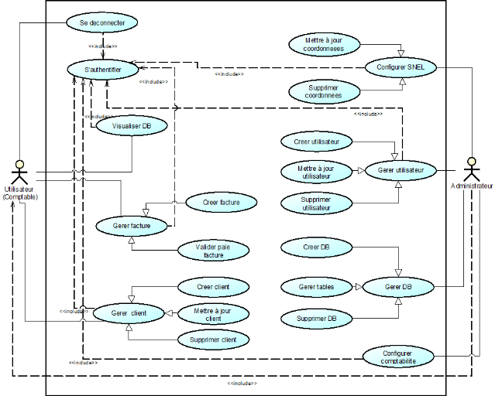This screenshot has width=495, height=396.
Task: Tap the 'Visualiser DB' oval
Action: click(132, 125)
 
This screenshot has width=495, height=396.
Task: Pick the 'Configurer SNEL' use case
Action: click(400, 67)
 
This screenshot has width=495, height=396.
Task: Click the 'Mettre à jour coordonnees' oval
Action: click(325, 44)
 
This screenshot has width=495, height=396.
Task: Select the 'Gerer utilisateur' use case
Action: click(400, 170)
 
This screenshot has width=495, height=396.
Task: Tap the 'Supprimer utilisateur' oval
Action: click(315, 203)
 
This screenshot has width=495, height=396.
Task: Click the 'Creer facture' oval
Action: click(221, 203)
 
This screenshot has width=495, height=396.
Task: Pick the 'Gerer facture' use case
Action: click(131, 226)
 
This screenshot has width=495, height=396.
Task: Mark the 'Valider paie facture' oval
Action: click(213, 250)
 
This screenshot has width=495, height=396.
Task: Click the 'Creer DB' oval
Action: click(316, 247)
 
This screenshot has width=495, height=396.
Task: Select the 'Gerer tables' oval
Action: click(315, 287)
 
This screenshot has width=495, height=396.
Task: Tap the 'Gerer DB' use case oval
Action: click(398, 287)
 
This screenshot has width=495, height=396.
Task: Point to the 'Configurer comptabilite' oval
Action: click(398, 357)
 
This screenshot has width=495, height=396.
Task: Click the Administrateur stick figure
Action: click(469, 169)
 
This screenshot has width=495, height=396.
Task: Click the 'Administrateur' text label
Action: click(471, 186)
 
